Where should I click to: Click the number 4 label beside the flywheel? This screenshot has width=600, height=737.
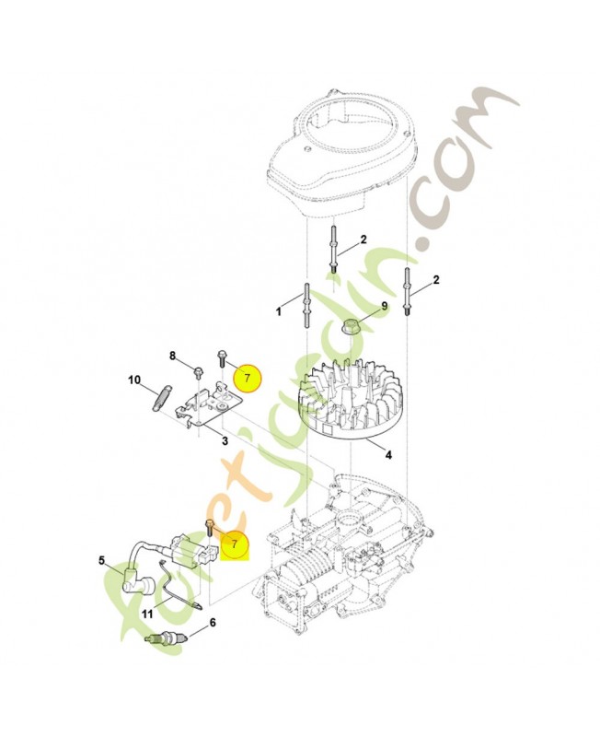388,454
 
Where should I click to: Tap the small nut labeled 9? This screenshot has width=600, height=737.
351,325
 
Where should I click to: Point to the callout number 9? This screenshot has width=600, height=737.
385,306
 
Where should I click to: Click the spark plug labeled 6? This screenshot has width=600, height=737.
166,638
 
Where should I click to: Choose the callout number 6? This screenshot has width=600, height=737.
213,623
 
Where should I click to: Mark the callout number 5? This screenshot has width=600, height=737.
102,559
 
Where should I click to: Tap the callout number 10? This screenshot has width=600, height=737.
133,380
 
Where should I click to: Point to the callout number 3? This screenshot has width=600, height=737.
225,441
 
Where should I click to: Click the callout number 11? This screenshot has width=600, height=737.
147,614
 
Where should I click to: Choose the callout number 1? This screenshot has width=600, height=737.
279,312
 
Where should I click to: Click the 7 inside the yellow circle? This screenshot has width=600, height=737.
245,378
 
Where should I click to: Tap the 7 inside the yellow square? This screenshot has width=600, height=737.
235,544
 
